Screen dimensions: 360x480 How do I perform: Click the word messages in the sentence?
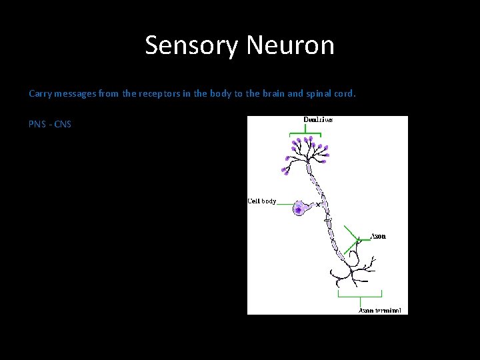[74, 94]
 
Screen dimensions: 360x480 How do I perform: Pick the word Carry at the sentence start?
[40, 94]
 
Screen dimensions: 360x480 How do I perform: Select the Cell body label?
[261, 201]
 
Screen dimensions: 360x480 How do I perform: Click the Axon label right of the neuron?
[378, 236]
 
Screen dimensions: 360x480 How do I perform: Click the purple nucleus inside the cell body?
[297, 209]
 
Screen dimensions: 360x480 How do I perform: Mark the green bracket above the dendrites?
[307, 133]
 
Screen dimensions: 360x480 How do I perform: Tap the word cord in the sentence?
[349, 94]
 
